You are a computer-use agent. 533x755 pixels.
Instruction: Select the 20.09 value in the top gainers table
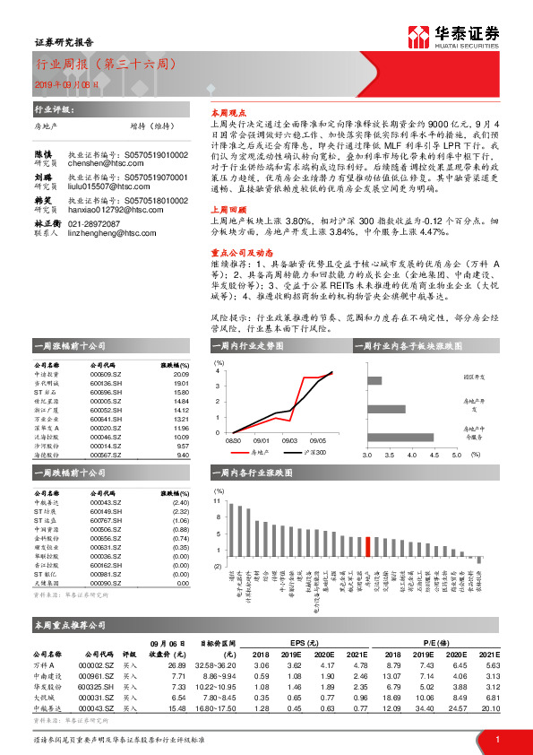pyautogui.click(x=181, y=375)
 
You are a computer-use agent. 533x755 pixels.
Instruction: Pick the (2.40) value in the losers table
pyautogui.click(x=180, y=502)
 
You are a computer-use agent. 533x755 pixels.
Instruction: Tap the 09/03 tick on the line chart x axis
pyautogui.click(x=289, y=440)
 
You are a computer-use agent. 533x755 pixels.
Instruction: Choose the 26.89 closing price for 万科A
pyautogui.click(x=176, y=664)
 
